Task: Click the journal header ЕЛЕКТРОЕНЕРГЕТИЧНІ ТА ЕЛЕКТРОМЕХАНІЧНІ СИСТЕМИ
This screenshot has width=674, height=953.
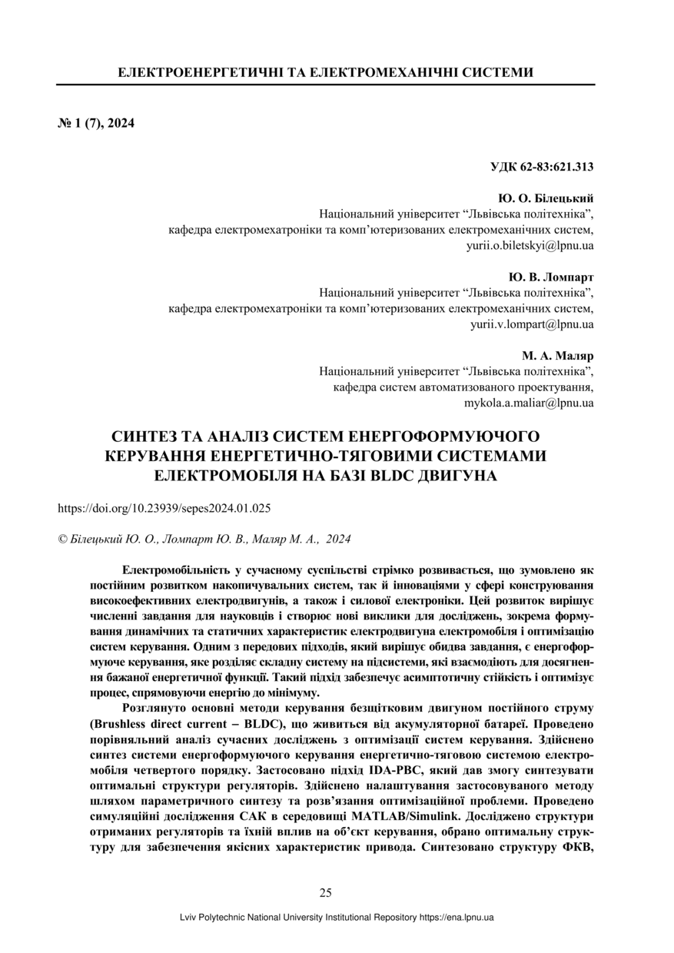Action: [x=325, y=73]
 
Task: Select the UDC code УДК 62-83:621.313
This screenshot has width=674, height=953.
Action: [x=541, y=166]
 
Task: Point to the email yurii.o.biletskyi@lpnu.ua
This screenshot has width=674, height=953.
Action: [x=530, y=246]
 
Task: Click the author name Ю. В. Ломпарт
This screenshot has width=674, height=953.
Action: [x=552, y=277]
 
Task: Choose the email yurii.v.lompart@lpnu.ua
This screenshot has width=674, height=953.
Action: [x=532, y=324]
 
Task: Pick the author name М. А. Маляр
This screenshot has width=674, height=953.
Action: [x=558, y=356]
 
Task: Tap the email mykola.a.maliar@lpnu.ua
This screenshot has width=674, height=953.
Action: [x=529, y=403]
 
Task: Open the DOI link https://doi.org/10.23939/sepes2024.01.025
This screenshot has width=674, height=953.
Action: [x=164, y=508]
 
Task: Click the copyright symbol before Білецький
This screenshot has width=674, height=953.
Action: [x=62, y=540]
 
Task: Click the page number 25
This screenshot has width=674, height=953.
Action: [x=325, y=892]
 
